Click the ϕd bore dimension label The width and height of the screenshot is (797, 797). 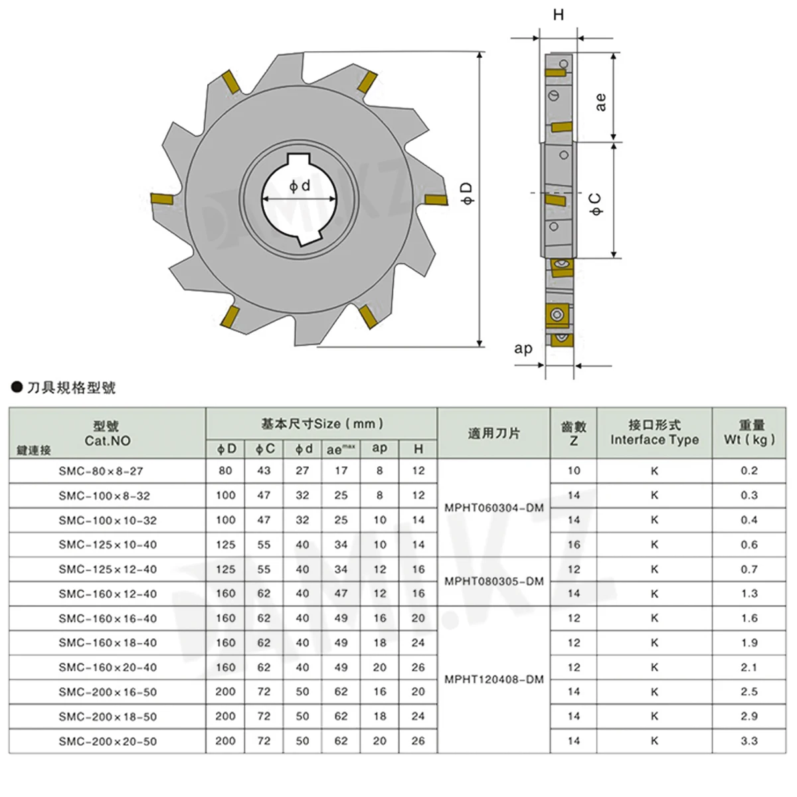pos(300,186)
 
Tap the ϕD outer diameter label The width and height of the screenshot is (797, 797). pos(466,193)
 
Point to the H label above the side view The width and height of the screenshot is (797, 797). pos(559,15)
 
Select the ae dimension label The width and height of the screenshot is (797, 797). pos(600,102)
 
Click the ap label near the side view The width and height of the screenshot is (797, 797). pos(523,349)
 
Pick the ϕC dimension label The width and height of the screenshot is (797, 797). pos(596,204)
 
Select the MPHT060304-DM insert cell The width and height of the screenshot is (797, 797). pos(494,507)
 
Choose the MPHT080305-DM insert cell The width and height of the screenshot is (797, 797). pos(494,581)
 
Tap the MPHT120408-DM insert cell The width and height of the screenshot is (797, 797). pos(494,679)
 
